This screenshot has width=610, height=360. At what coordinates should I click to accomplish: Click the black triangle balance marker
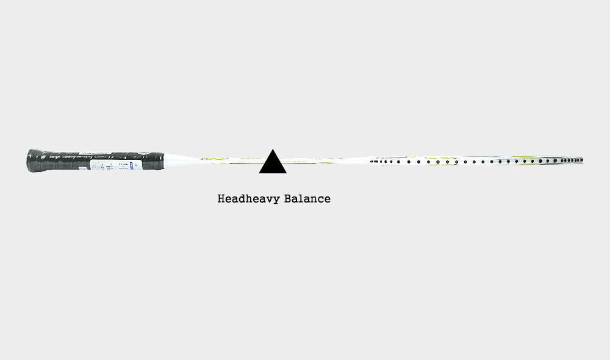click(273, 164)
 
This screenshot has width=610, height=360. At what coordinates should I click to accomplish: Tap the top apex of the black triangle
click(273, 149)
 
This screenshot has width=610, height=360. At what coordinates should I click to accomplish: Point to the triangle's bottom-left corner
click(259, 173)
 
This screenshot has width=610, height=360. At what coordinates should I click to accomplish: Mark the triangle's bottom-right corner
click(287, 173)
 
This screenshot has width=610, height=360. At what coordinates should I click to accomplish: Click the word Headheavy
click(249, 199)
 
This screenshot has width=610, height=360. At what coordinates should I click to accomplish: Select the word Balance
click(307, 198)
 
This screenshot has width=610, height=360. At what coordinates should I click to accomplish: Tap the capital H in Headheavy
click(221, 198)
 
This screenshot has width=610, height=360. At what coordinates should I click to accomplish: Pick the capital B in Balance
click(288, 198)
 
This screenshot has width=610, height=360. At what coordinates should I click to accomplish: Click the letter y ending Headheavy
click(276, 200)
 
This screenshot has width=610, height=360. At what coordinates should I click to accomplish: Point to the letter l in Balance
click(301, 198)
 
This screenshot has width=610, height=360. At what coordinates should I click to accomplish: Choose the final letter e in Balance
click(327, 200)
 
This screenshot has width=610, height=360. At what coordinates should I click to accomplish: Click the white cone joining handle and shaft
click(178, 160)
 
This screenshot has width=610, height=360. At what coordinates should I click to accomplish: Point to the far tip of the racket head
click(583, 160)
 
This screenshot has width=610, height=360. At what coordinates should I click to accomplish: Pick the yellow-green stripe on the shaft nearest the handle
click(215, 159)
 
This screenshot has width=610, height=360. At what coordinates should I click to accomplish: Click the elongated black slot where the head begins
click(374, 161)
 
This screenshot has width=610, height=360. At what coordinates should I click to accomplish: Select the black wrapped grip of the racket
click(95, 160)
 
